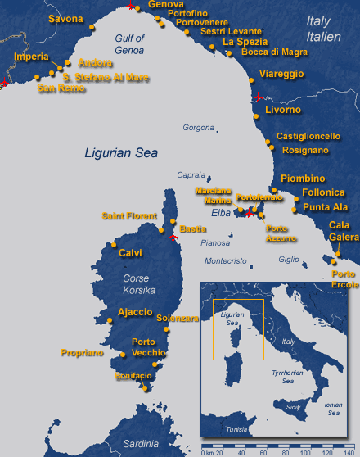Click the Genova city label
click(166, 5)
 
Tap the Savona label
click(65, 19)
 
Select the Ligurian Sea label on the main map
click(123, 152)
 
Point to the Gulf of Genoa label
click(126, 43)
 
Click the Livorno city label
click(283, 110)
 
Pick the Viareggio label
click(281, 74)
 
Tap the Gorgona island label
click(198, 128)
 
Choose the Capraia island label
click(191, 175)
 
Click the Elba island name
click(222, 213)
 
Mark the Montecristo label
click(225, 261)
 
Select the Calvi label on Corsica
click(131, 253)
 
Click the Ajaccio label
click(135, 312)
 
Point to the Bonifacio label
click(133, 375)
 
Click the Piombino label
click(303, 179)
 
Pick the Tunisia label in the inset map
click(236, 429)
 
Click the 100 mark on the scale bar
click(305, 452)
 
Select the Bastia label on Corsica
click(192, 228)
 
